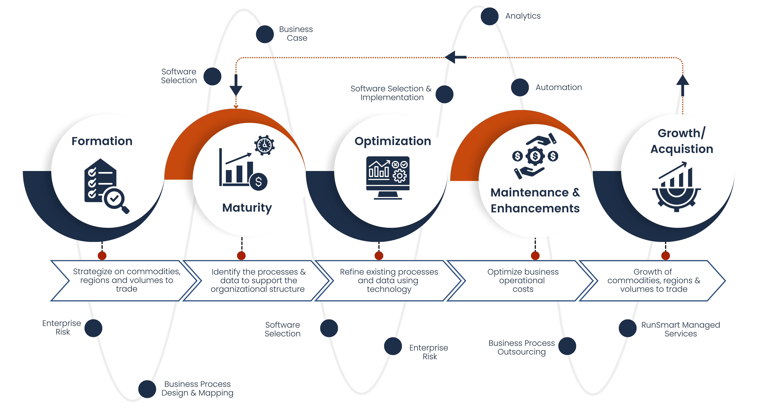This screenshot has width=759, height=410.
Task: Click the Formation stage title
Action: pyautogui.click(x=102, y=141)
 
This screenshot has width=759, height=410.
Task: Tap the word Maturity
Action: pyautogui.click(x=247, y=208)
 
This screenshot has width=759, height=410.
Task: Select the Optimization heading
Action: pyautogui.click(x=393, y=141)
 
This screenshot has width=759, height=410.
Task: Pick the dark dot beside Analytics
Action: pyautogui.click(x=489, y=16)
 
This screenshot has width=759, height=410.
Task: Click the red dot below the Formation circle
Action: pyautogui.click(x=102, y=256)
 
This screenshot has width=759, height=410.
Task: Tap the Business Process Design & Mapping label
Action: pyautogui.click(x=197, y=388)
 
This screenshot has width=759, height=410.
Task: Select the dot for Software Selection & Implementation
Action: pyautogui.click(x=444, y=94)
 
